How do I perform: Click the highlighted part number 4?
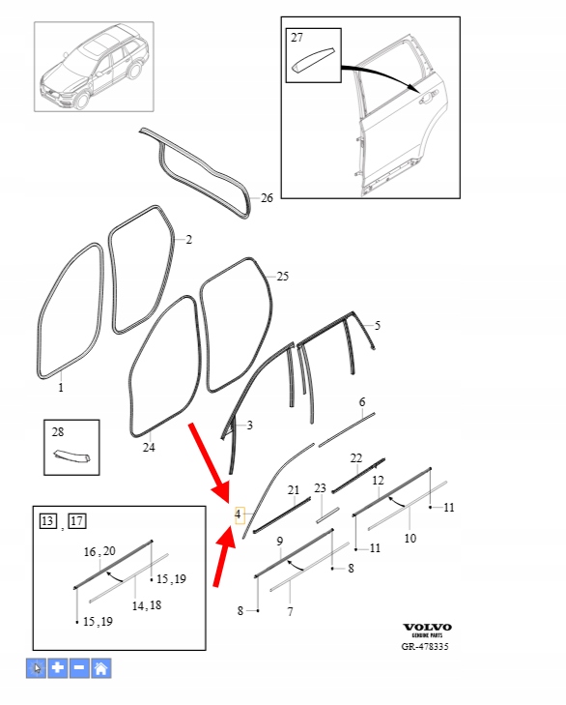(239, 514)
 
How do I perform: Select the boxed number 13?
(48, 521)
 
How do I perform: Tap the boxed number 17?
(77, 521)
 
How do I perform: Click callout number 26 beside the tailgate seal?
(267, 198)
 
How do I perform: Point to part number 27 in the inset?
(297, 38)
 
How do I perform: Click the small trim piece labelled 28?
(71, 455)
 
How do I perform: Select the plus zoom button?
(58, 668)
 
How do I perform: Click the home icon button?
(101, 668)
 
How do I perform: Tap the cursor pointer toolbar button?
(36, 668)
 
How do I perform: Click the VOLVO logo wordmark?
(427, 628)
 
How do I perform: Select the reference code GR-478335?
(425, 647)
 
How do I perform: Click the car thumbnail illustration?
(95, 67)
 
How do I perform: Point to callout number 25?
(283, 276)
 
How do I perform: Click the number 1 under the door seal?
(61, 387)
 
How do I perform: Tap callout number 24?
(149, 448)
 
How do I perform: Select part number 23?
(320, 487)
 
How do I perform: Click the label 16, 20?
(99, 551)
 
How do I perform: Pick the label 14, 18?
(147, 605)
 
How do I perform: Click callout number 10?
(410, 539)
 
